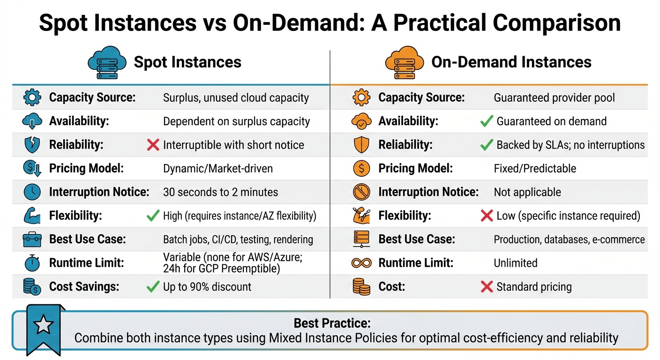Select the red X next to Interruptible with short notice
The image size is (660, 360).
[153, 145]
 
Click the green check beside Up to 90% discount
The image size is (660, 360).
[153, 287]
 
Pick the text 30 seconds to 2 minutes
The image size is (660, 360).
[220, 192]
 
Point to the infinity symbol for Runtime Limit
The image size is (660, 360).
[361, 263]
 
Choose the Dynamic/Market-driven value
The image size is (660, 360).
[217, 169]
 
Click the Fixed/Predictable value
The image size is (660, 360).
[535, 169]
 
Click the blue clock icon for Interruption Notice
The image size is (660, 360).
[32, 192]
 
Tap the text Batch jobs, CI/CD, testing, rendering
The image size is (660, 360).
[238, 240]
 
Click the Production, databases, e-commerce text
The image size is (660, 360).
[569, 240]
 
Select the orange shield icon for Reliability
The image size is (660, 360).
[361, 145]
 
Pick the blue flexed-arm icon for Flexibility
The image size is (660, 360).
[32, 216]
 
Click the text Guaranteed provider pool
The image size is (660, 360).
[554, 98]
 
